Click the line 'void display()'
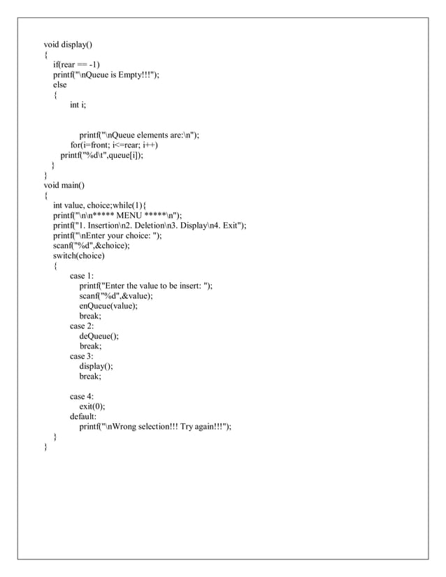coord(67,45)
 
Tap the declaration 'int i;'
coord(78,105)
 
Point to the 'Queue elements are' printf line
coord(139,136)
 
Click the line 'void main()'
coord(64,185)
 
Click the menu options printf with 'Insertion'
coord(150,226)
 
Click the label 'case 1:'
coord(82,276)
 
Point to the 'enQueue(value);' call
coord(108,305)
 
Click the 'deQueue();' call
coord(99,335)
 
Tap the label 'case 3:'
coord(82,356)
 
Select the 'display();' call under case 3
coord(96,365)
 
